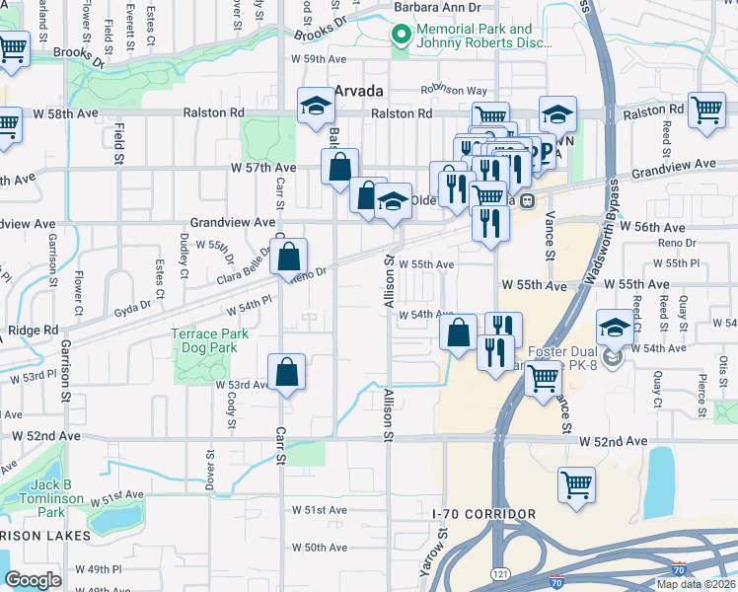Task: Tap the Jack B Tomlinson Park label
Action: coord(35,499)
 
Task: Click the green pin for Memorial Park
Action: coord(401,37)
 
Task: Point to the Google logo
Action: coord(33,580)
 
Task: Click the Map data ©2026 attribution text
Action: coord(696,584)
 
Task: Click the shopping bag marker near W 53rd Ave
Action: coord(286,374)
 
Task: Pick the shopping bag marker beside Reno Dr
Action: coord(288,258)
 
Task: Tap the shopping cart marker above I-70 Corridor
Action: coord(577,485)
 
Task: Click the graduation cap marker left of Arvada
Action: coord(317,106)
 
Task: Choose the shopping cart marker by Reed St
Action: coord(706,111)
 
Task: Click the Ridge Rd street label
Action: coord(34,331)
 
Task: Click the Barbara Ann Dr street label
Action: coord(436,7)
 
